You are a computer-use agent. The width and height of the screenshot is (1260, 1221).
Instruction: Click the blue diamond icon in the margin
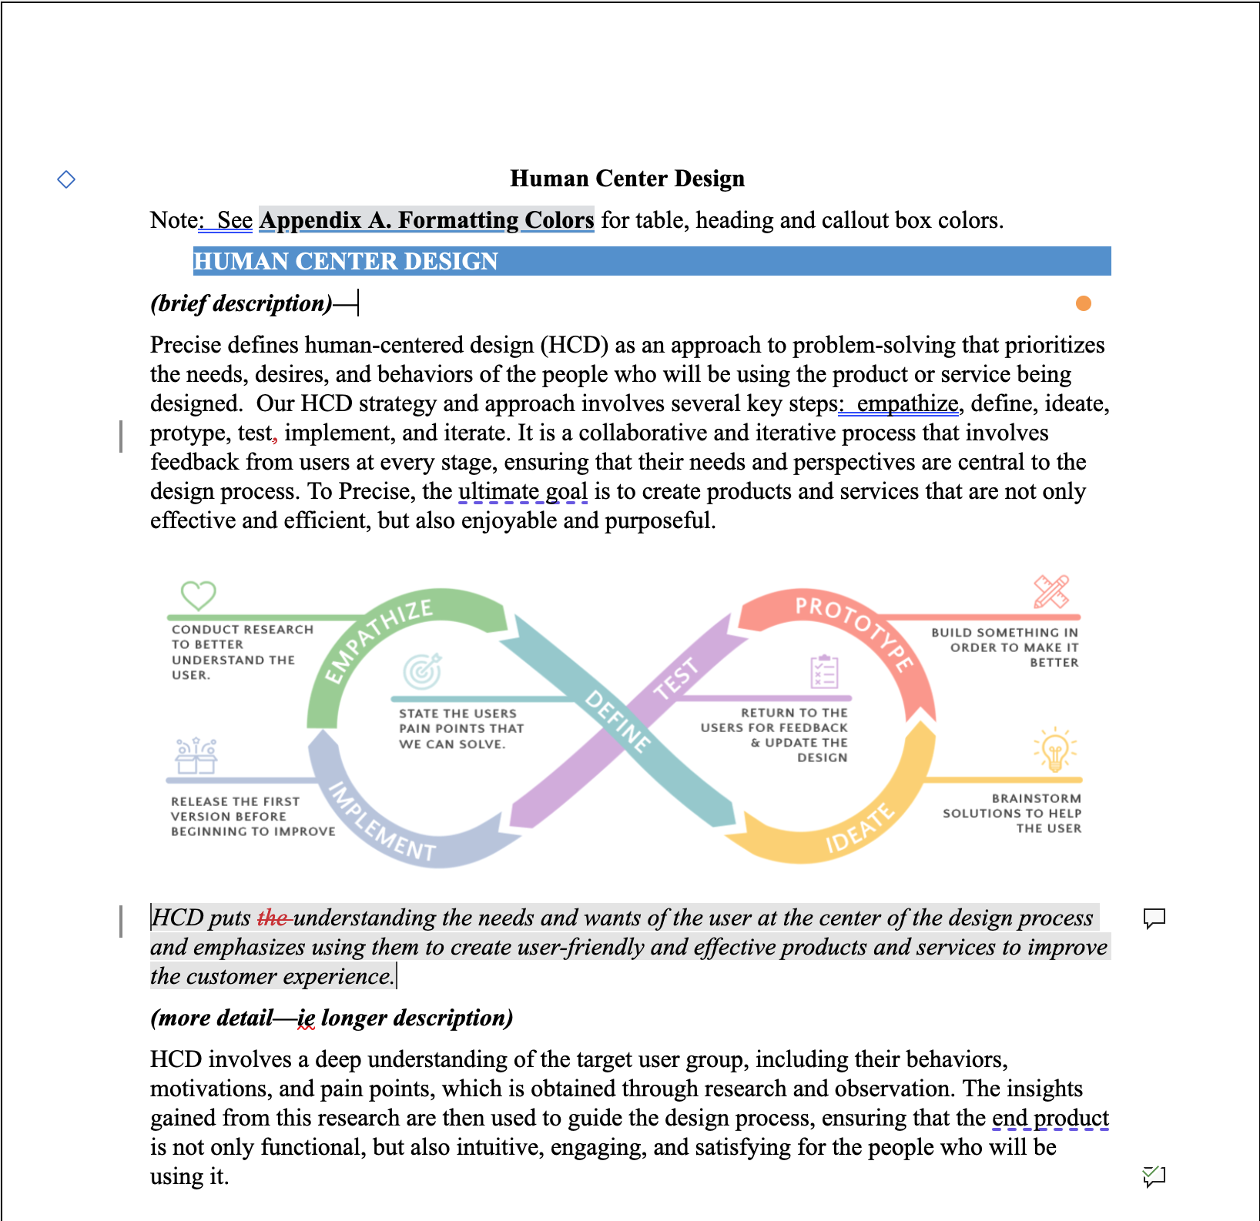(66, 179)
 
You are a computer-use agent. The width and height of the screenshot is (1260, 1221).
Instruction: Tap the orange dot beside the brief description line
(1083, 303)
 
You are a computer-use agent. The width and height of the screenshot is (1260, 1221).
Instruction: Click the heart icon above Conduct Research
(198, 595)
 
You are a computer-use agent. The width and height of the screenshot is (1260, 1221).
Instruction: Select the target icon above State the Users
(423, 671)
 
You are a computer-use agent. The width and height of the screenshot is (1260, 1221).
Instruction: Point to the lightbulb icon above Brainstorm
(1054, 750)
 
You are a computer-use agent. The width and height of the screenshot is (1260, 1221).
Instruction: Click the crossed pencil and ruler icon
(1051, 592)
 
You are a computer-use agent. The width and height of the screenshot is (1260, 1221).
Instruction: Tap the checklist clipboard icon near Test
(824, 672)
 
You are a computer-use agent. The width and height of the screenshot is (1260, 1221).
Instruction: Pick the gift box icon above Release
(196, 756)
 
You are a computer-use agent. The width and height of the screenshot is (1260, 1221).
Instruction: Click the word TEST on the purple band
(675, 678)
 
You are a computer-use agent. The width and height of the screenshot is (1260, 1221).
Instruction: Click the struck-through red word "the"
(273, 918)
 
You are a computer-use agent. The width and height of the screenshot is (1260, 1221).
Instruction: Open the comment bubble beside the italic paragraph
(1154, 918)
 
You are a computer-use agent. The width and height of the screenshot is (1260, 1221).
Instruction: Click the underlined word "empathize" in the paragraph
(907, 403)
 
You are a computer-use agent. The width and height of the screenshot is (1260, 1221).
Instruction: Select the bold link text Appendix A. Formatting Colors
(427, 220)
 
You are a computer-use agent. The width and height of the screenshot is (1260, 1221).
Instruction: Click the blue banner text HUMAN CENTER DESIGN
(346, 262)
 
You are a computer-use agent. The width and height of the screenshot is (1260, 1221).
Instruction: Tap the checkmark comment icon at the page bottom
(1154, 1176)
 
